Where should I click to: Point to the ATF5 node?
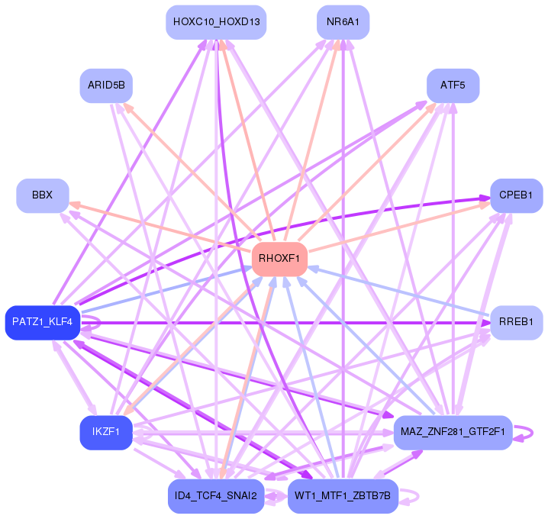pyautogui.click(x=453, y=85)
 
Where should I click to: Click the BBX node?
pyautogui.click(x=43, y=195)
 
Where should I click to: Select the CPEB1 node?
pyautogui.click(x=516, y=195)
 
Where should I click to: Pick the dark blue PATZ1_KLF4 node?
pyautogui.click(x=42, y=322)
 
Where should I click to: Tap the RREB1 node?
pyautogui.click(x=516, y=322)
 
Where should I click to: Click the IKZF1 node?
pyautogui.click(x=106, y=433)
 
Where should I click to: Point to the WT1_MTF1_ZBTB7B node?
pyautogui.click(x=343, y=496)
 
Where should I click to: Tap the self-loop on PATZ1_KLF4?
pyautogui.click(x=92, y=322)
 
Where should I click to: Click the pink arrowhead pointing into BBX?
pyautogui.click(x=74, y=203)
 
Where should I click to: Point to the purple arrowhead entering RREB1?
pyautogui.click(x=484, y=323)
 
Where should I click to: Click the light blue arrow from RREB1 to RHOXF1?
pyautogui.click(x=397, y=289)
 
